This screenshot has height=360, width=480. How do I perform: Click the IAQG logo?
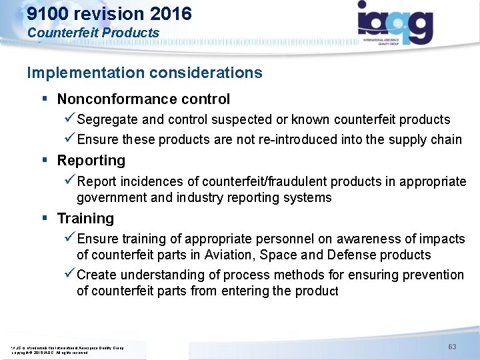[395, 24]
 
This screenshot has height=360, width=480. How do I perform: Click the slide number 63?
[451, 346]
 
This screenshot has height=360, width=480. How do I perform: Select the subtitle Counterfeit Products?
[93, 32]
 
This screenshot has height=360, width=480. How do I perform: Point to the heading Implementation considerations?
[145, 72]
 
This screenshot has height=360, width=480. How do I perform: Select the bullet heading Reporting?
[91, 161]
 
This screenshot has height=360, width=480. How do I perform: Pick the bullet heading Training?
[85, 219]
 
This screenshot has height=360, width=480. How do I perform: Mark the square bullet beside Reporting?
[45, 161]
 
